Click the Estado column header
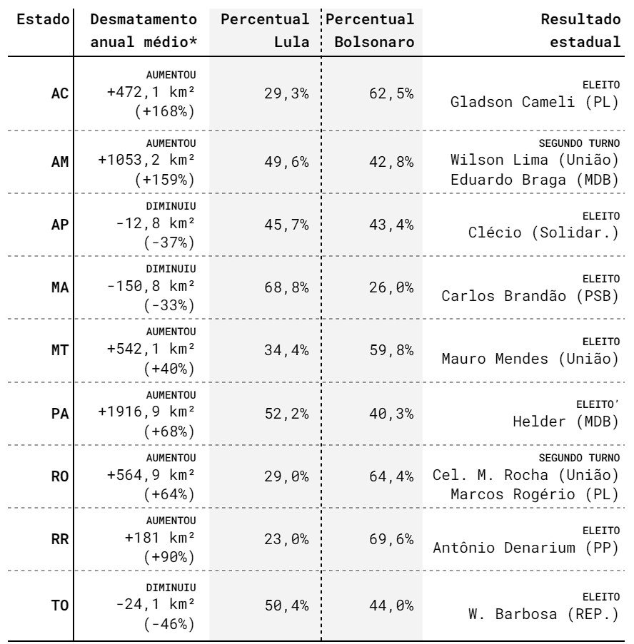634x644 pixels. coord(43,19)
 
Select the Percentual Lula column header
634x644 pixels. coord(265,31)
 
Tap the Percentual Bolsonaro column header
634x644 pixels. coord(370,31)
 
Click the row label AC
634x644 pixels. coord(60,93)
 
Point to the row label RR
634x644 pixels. coord(60,539)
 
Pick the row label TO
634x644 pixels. coord(60,605)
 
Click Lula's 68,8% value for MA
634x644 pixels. coord(286,287)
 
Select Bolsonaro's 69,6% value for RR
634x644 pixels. coord(391,539)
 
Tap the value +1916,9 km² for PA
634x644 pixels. coord(146,412)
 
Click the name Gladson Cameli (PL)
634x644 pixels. coord(535,102)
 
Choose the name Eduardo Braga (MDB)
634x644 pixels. coord(535,180)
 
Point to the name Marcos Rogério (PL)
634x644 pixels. coord(535,494)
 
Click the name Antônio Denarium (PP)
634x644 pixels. coord(526,548)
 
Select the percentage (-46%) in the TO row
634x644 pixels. coord(169,624)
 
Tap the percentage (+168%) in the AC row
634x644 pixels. coord(164,111)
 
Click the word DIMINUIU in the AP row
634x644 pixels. coord(171,206)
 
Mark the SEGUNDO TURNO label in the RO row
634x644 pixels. coord(579,458)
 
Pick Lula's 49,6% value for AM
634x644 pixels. coord(286,162)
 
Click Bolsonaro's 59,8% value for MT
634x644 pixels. coord(391,350)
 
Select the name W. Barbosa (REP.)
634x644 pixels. coord(543,614)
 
